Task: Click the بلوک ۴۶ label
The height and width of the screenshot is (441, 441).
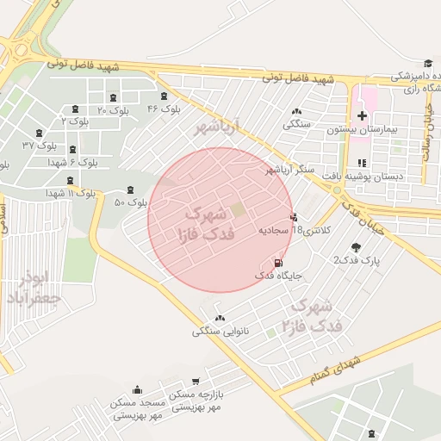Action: (x=164, y=109)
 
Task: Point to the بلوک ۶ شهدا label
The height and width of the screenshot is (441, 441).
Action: (x=72, y=161)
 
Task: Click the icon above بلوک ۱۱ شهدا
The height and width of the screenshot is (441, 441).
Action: (x=70, y=180)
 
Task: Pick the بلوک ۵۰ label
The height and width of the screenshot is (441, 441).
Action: (x=131, y=202)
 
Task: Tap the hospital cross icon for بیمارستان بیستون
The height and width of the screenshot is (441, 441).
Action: (x=362, y=115)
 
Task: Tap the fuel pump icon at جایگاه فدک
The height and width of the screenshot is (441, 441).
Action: (x=277, y=263)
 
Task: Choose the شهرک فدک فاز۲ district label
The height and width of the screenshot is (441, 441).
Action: (x=316, y=315)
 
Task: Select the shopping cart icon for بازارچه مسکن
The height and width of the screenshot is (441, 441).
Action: (x=197, y=381)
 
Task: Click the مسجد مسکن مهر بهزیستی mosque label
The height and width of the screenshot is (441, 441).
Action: (x=138, y=408)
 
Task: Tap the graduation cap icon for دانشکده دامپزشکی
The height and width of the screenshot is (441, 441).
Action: (x=428, y=63)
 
